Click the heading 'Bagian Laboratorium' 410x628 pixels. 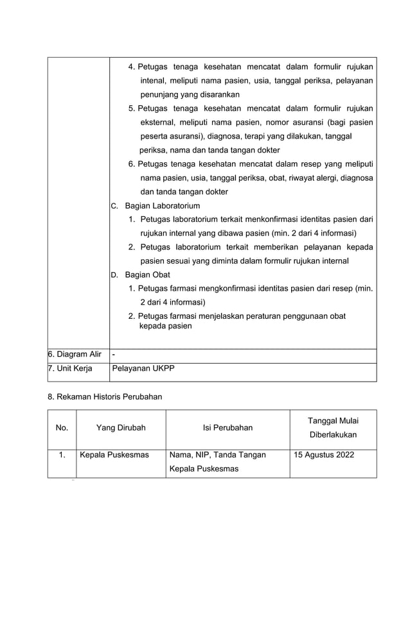coord(162,206)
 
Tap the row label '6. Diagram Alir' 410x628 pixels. coord(75,355)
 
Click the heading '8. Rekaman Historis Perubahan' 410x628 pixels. coord(105,397)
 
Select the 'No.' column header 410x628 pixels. coord(62,428)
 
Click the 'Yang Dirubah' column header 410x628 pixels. coord(121,428)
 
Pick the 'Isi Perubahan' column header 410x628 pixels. coord(227,428)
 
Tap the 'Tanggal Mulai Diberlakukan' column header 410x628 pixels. coord(332,428)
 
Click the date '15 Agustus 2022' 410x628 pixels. coord(324,455)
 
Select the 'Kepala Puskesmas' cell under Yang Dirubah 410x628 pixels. coord(114,455)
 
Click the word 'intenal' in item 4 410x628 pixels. coord(154,80)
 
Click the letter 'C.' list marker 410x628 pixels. coord(114,207)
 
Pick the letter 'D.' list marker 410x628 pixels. coord(114,275)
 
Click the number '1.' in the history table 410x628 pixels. coord(62,455)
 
